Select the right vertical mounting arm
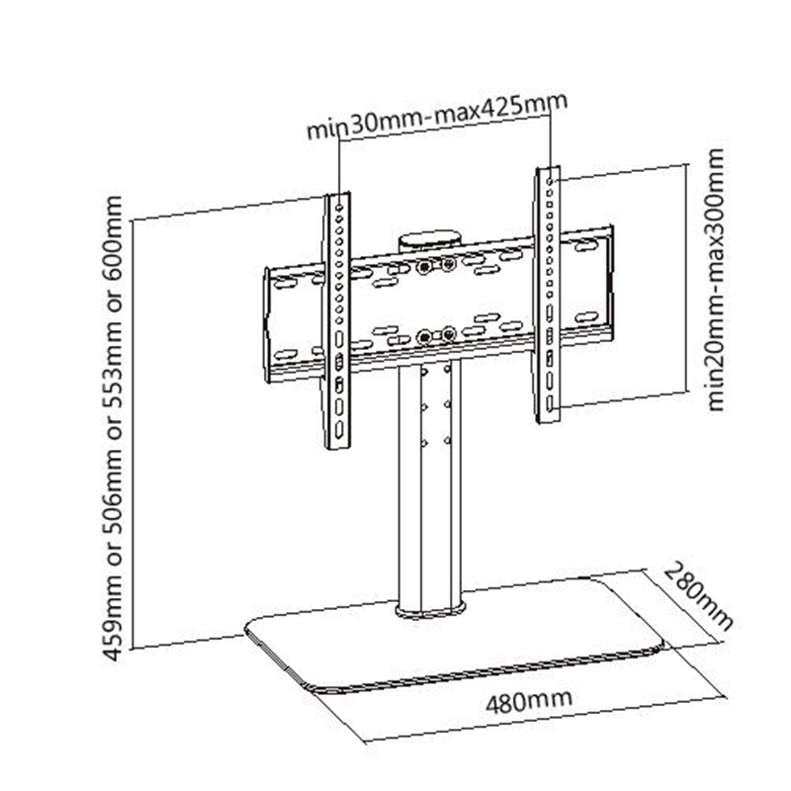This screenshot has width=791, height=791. (549, 297)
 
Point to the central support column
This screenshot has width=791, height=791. (429, 484)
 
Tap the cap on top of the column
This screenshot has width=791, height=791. (430, 240)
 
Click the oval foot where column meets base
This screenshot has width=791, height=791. (429, 609)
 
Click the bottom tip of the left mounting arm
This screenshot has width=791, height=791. (338, 443)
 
